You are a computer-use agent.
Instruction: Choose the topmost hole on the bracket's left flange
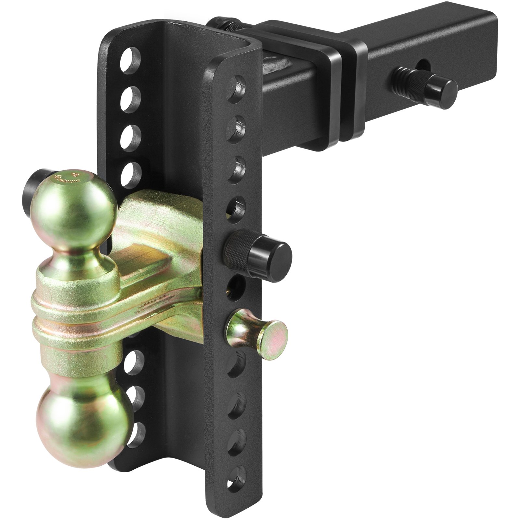(x=130, y=60)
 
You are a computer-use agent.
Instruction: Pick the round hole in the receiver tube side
(x=424, y=64)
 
